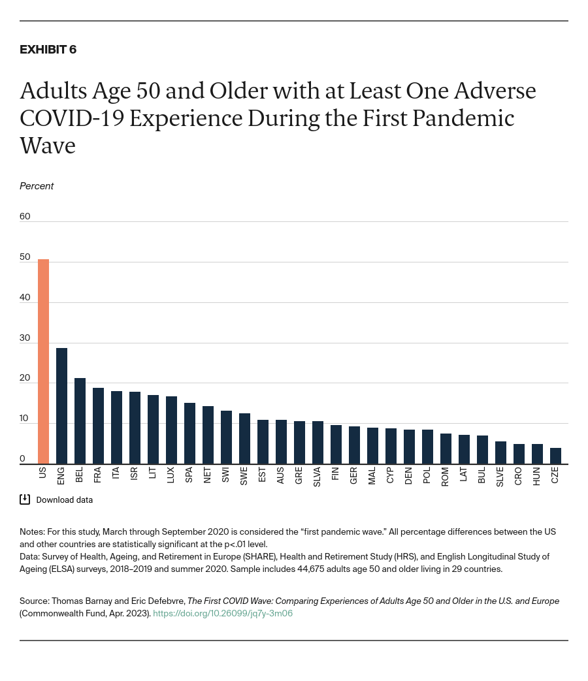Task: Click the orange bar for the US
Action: pyautogui.click(x=43, y=362)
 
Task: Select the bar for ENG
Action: pyautogui.click(x=61, y=406)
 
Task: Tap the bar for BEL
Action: pyautogui.click(x=80, y=421)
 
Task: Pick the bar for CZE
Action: pyautogui.click(x=555, y=456)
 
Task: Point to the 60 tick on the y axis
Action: pyautogui.click(x=25, y=216)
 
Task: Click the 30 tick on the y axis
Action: pyautogui.click(x=25, y=338)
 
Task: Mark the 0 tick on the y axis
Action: pyautogui.click(x=22, y=459)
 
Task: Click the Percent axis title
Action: pyautogui.click(x=37, y=186)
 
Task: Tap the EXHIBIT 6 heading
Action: pyautogui.click(x=48, y=50)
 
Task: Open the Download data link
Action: pyautogui.click(x=64, y=500)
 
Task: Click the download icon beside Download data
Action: pyautogui.click(x=25, y=499)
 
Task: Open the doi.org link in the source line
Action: pyautogui.click(x=222, y=613)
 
